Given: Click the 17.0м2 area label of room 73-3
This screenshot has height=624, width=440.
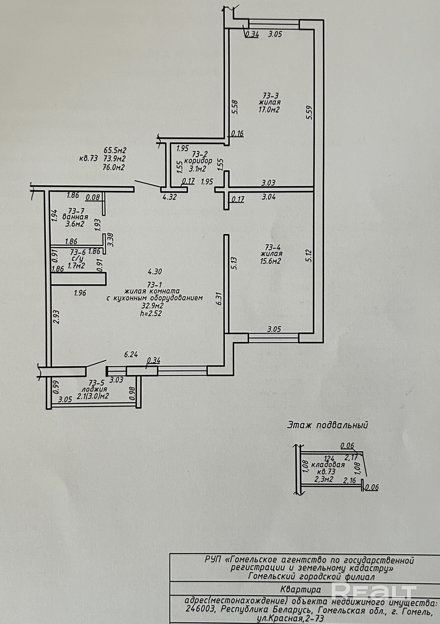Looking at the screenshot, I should point(269,110).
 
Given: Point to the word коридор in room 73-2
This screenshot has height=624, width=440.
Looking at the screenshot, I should point(198,161).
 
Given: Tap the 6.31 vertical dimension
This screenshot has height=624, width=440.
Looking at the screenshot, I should point(219,299).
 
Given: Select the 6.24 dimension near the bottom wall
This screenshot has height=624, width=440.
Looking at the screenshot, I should point(131,354).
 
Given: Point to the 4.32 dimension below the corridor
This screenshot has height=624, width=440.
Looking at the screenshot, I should point(169,197).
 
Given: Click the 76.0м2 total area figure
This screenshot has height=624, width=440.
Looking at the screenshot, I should point(114,167).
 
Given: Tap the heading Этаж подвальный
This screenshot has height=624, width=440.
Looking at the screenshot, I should point(327,425).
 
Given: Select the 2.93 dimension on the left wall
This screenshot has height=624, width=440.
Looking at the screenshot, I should point(56,317).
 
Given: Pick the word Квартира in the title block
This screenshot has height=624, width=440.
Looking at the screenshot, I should point(300,590).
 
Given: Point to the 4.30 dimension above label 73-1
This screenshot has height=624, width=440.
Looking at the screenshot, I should point(155,271).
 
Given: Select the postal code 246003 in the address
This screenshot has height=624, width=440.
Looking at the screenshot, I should point(200,609).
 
